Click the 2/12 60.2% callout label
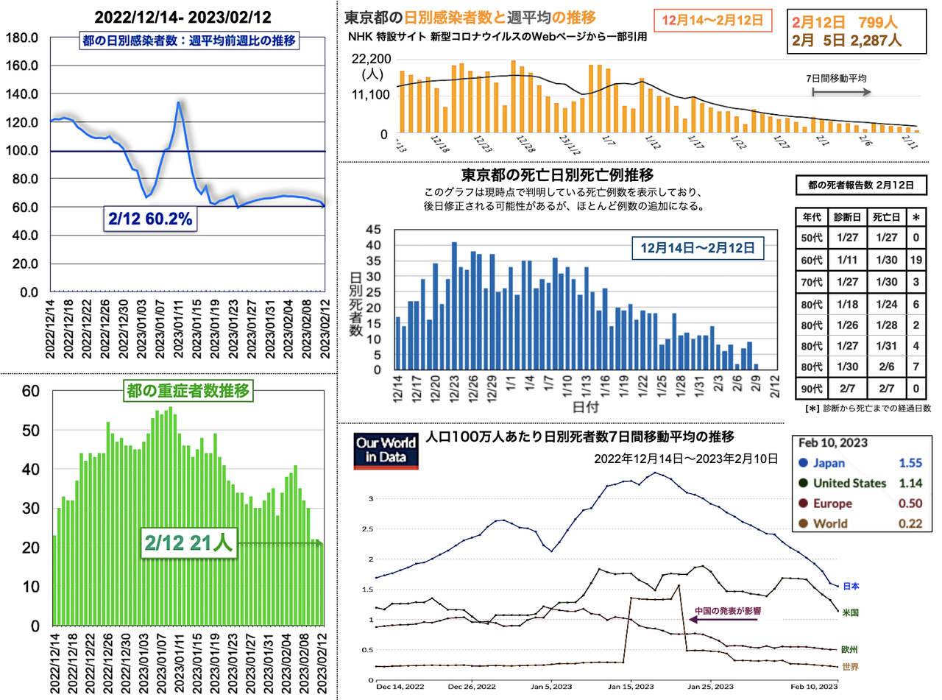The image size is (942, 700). tap(152, 219)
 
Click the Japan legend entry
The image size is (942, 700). tap(829, 464)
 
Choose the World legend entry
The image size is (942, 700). tap(827, 524)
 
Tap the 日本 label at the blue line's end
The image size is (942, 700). tap(850, 586)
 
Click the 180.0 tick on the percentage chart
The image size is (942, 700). tap(24, 38)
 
